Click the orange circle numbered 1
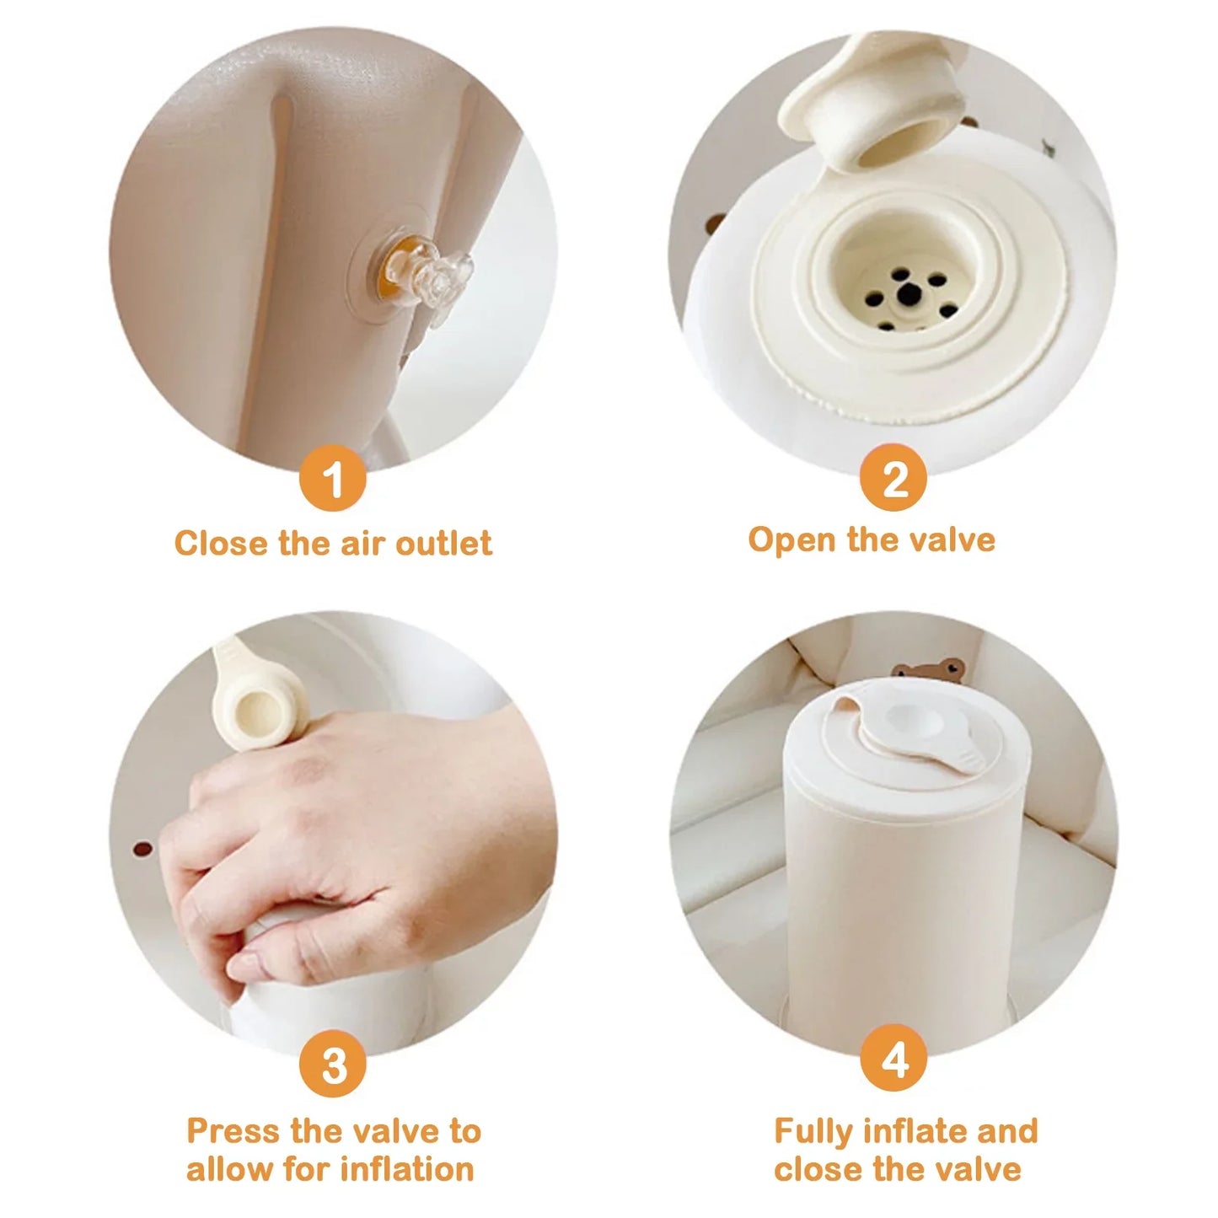[x=333, y=478]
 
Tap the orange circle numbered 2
[x=893, y=478]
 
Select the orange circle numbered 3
[x=333, y=1064]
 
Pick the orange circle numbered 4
[x=893, y=1059]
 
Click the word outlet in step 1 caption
[x=443, y=544]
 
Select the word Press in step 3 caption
[x=234, y=1130]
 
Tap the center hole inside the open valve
[x=909, y=292]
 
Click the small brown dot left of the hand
[x=144, y=848]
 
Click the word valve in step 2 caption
[x=955, y=539]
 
